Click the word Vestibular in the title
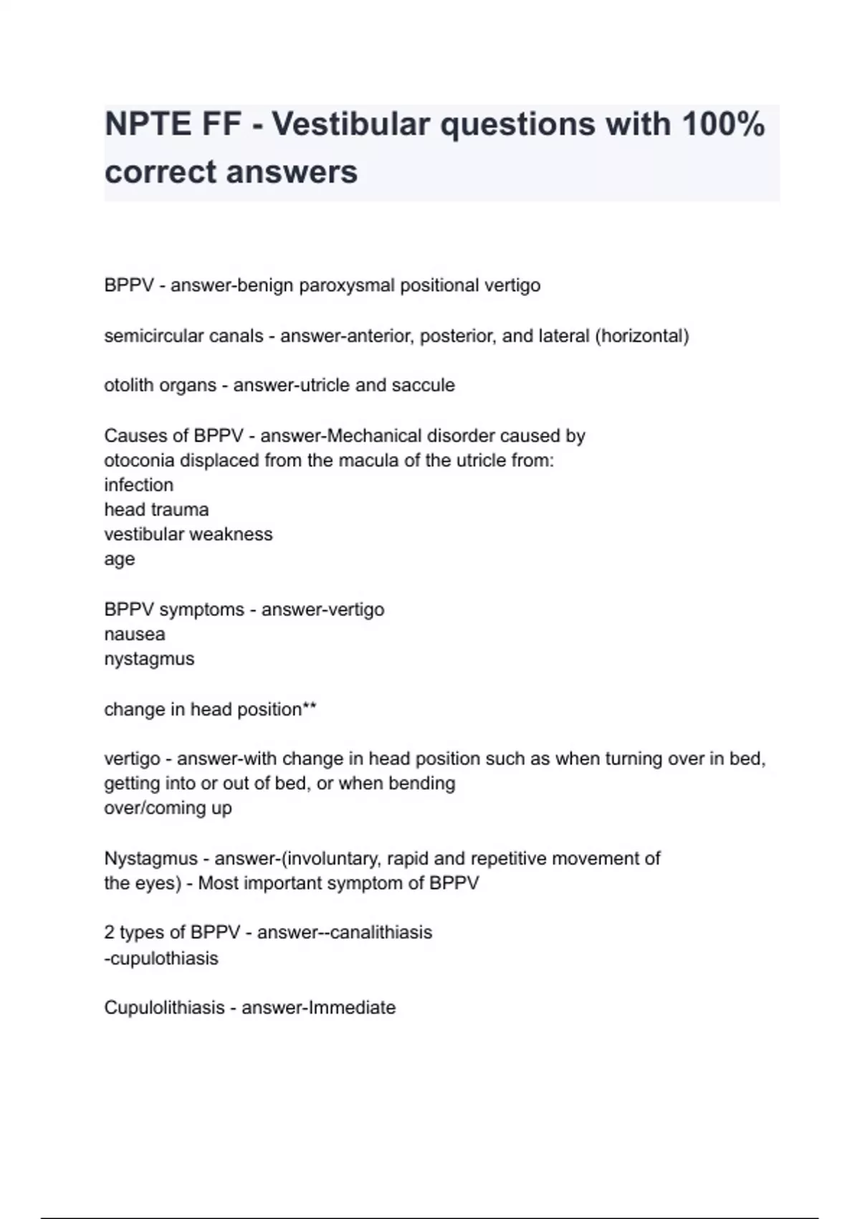pyautogui.click(x=350, y=124)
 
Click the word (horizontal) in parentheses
pyautogui.click(x=641, y=336)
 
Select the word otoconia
pyautogui.click(x=139, y=460)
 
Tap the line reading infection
pyautogui.click(x=138, y=485)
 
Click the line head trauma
pyautogui.click(x=156, y=510)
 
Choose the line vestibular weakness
pyautogui.click(x=188, y=534)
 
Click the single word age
pyautogui.click(x=119, y=559)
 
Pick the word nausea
pyautogui.click(x=135, y=634)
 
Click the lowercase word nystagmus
pyautogui.click(x=149, y=659)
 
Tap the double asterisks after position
pyautogui.click(x=310, y=708)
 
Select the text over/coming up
pyautogui.click(x=168, y=807)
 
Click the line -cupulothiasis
pyautogui.click(x=161, y=958)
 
